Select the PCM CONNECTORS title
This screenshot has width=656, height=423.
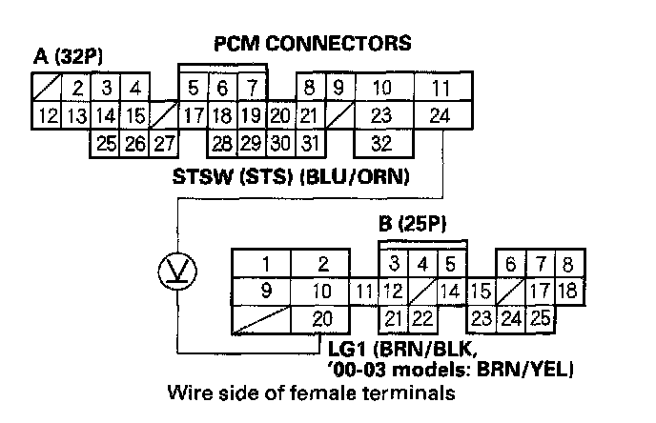(x=313, y=43)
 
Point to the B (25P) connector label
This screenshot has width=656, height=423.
(x=411, y=228)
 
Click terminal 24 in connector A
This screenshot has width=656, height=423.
(x=441, y=117)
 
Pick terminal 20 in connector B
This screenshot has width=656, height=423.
(x=322, y=317)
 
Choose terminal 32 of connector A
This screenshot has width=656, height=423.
(x=382, y=145)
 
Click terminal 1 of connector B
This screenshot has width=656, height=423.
(x=268, y=263)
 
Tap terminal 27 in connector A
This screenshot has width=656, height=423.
(x=164, y=145)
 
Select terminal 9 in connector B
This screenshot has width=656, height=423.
(x=268, y=290)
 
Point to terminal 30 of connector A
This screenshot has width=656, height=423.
(x=279, y=145)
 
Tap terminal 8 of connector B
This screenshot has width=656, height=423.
(x=568, y=263)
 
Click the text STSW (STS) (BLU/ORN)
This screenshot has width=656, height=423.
(x=291, y=176)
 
